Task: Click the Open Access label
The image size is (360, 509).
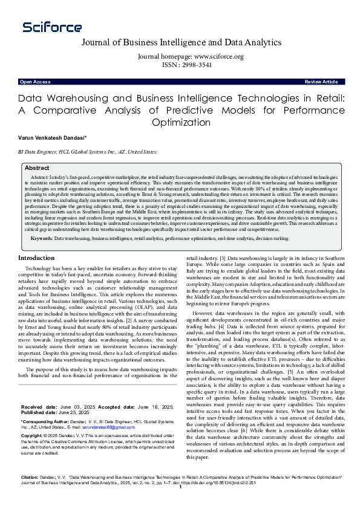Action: pyautogui.click(x=34, y=82)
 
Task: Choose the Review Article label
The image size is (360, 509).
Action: pyautogui.click(x=321, y=82)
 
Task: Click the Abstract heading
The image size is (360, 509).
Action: pyautogui.click(x=37, y=168)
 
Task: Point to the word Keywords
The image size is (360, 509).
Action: pyautogui.click(x=41, y=239)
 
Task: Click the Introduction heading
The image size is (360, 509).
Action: pyautogui.click(x=40, y=258)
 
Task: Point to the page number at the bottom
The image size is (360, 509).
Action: pyautogui.click(x=180, y=504)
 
